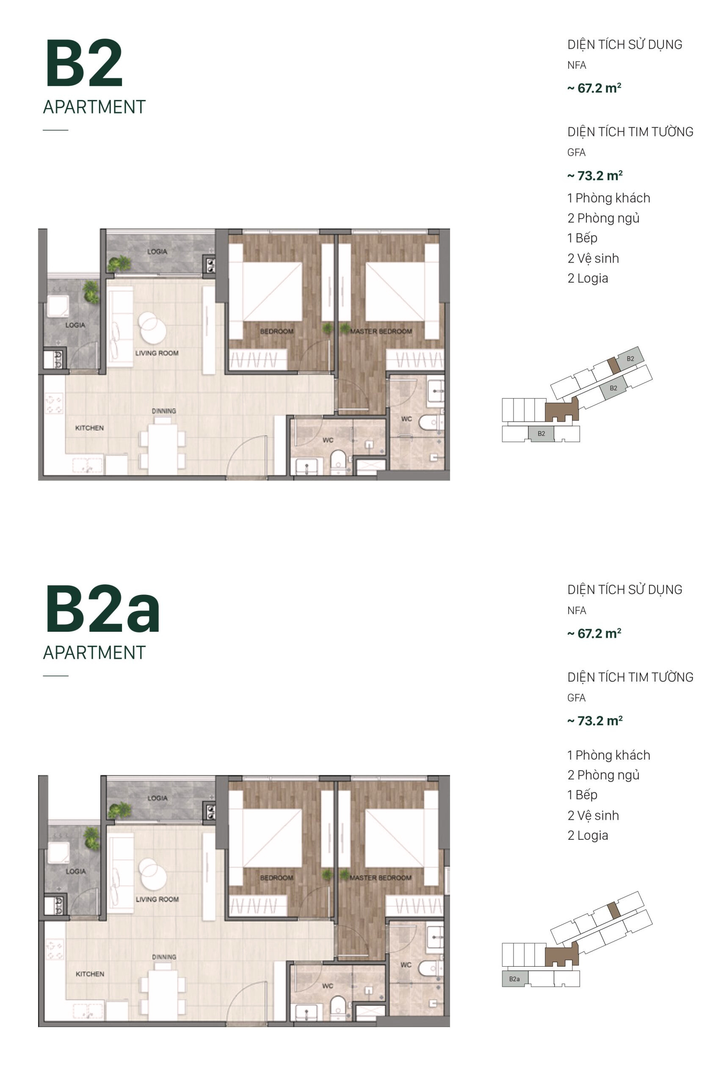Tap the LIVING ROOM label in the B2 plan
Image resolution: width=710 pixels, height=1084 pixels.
(x=156, y=353)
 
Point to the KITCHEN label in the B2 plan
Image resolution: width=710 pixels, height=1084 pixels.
(x=89, y=428)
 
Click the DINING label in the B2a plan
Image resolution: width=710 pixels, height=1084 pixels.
(x=163, y=957)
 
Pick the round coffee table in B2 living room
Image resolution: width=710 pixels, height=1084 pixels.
(x=152, y=327)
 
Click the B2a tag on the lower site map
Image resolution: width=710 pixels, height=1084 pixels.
(x=514, y=979)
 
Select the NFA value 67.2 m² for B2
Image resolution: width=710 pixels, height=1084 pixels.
(x=594, y=88)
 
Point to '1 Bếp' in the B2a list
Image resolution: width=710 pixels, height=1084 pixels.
(x=582, y=795)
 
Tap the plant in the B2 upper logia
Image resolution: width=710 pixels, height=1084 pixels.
(x=119, y=263)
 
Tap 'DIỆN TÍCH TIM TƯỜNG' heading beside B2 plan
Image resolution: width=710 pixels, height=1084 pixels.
(x=630, y=132)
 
